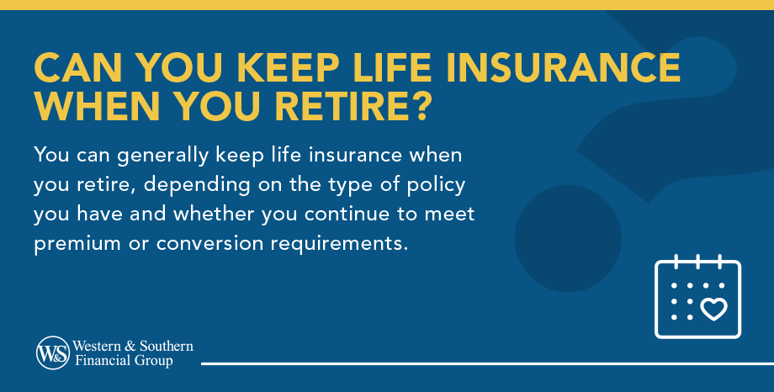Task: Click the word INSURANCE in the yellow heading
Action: coord(563,67)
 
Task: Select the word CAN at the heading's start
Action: coord(78,67)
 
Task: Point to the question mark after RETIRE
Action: coord(420,106)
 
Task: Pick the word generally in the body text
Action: coord(163,156)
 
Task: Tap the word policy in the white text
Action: coord(436,186)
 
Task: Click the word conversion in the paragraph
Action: coord(209,244)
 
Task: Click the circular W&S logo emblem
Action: coord(53,353)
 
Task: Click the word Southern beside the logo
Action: coord(167,346)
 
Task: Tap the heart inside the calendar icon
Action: coord(713,309)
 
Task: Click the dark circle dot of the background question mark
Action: coord(568,238)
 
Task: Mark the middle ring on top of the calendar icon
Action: coord(698,261)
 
